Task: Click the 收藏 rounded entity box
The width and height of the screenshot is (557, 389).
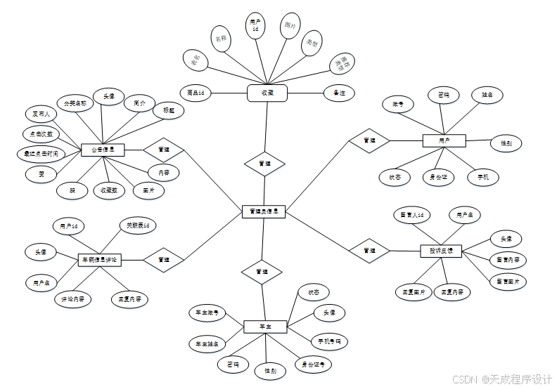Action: (267, 93)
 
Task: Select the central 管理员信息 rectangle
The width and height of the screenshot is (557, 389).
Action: (264, 211)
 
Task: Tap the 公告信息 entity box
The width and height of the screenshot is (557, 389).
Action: (103, 150)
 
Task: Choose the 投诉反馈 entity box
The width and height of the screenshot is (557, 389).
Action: (441, 251)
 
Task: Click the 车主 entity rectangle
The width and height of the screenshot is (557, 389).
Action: (264, 327)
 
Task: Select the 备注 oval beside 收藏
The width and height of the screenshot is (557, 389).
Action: (339, 92)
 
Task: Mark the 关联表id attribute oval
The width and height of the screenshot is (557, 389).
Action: (137, 225)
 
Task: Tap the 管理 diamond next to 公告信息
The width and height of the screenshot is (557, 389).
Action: (164, 150)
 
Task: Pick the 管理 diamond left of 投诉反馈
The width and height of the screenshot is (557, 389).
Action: (369, 251)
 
